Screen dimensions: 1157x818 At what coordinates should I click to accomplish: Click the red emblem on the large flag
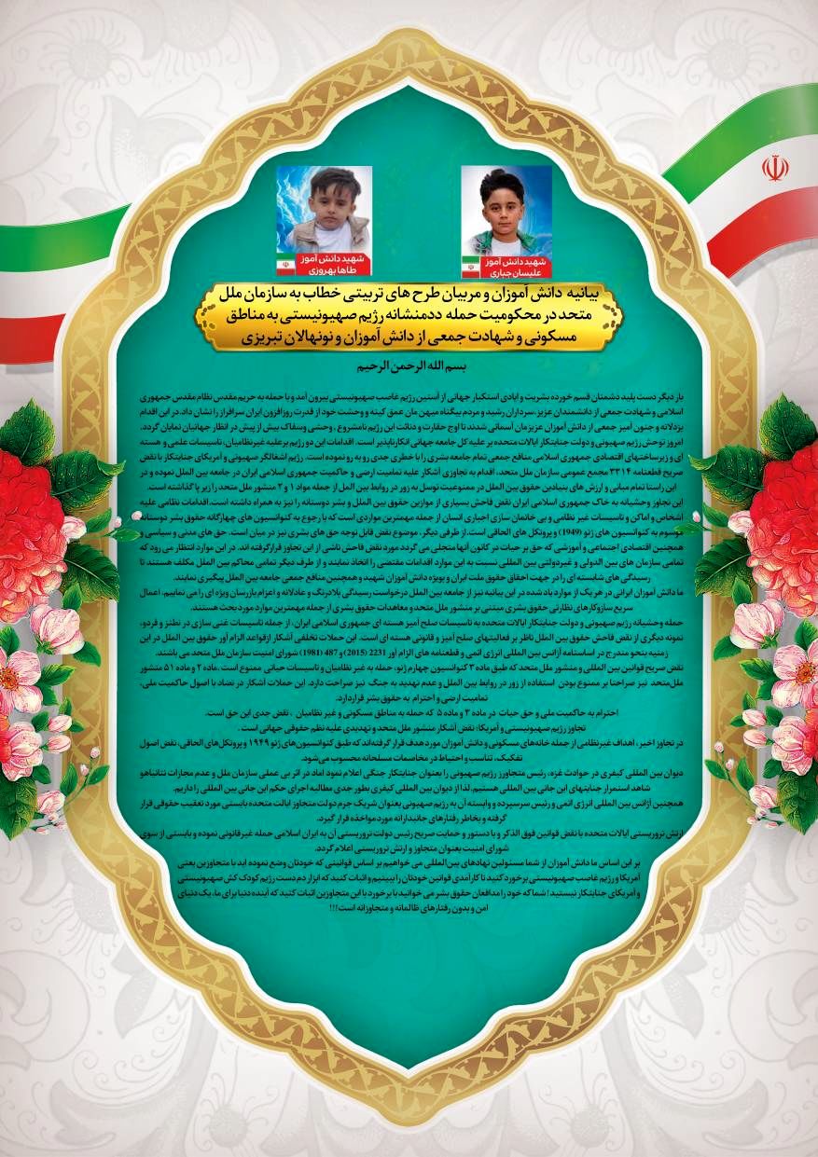(x=774, y=168)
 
